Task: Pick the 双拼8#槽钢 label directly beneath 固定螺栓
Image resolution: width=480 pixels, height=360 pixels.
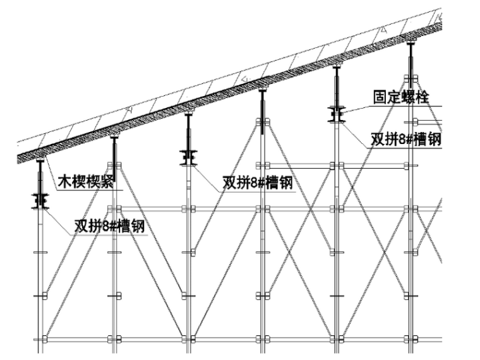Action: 405,140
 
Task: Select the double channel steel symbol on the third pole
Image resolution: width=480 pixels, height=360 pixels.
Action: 188,156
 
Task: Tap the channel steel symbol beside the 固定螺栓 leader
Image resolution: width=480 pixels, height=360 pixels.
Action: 335,114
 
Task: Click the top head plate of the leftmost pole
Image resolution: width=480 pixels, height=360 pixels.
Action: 40,160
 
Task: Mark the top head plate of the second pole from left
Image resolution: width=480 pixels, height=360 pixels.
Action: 114,136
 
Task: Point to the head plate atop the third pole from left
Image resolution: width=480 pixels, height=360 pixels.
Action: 188,114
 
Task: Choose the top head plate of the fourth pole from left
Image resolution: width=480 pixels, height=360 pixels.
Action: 262,90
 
